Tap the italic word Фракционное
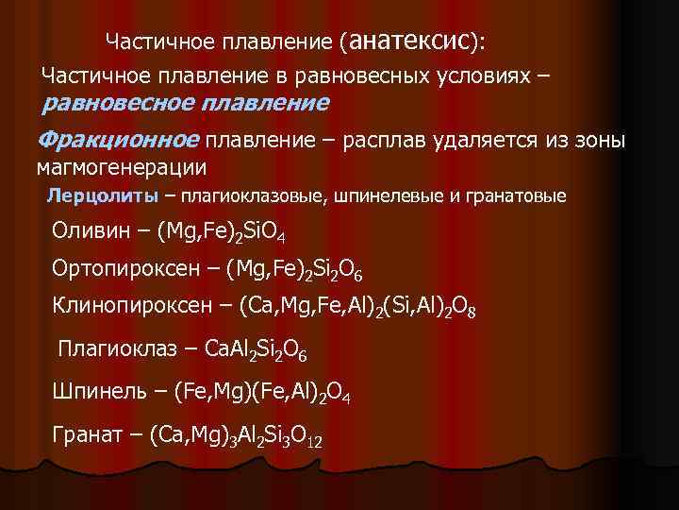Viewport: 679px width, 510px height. (x=118, y=140)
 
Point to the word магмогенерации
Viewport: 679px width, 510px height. (x=121, y=167)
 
